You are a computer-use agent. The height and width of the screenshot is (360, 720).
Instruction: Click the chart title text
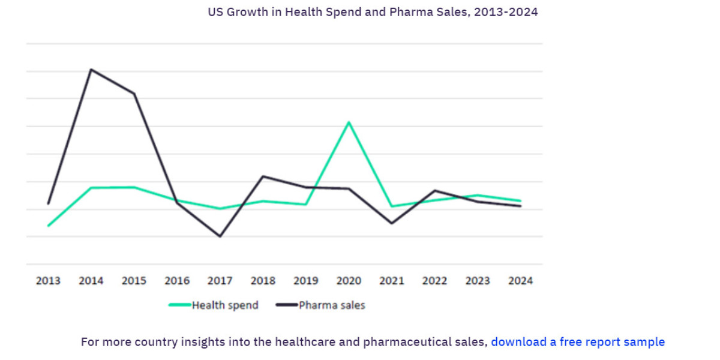click(x=373, y=12)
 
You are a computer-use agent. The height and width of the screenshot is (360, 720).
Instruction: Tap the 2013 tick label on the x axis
click(x=48, y=281)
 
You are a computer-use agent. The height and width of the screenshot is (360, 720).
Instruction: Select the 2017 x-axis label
click(x=220, y=281)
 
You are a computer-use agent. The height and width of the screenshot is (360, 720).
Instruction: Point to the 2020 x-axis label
click(x=349, y=281)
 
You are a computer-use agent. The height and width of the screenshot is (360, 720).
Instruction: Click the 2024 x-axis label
click(x=520, y=281)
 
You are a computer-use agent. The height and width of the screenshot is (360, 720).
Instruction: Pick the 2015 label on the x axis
click(x=134, y=281)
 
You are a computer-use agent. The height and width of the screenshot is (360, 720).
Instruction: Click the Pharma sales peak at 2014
click(x=91, y=70)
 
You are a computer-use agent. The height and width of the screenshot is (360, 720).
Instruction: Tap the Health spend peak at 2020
click(x=349, y=122)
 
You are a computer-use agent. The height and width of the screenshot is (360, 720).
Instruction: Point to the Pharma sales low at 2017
click(x=220, y=236)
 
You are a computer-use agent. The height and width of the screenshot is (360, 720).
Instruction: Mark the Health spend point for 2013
click(x=48, y=226)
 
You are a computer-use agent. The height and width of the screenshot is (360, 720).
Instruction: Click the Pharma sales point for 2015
click(x=134, y=94)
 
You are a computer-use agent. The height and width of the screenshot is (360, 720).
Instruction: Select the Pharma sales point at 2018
click(x=263, y=176)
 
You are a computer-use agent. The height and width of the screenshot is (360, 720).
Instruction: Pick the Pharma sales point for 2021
click(x=392, y=223)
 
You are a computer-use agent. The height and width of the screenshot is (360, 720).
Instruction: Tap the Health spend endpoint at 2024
click(x=520, y=200)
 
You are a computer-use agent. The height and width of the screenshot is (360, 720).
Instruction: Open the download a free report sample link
click(x=578, y=342)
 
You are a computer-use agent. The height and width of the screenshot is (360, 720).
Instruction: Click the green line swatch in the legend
click(x=179, y=305)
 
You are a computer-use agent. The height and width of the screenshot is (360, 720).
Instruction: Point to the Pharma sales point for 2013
click(x=48, y=203)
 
